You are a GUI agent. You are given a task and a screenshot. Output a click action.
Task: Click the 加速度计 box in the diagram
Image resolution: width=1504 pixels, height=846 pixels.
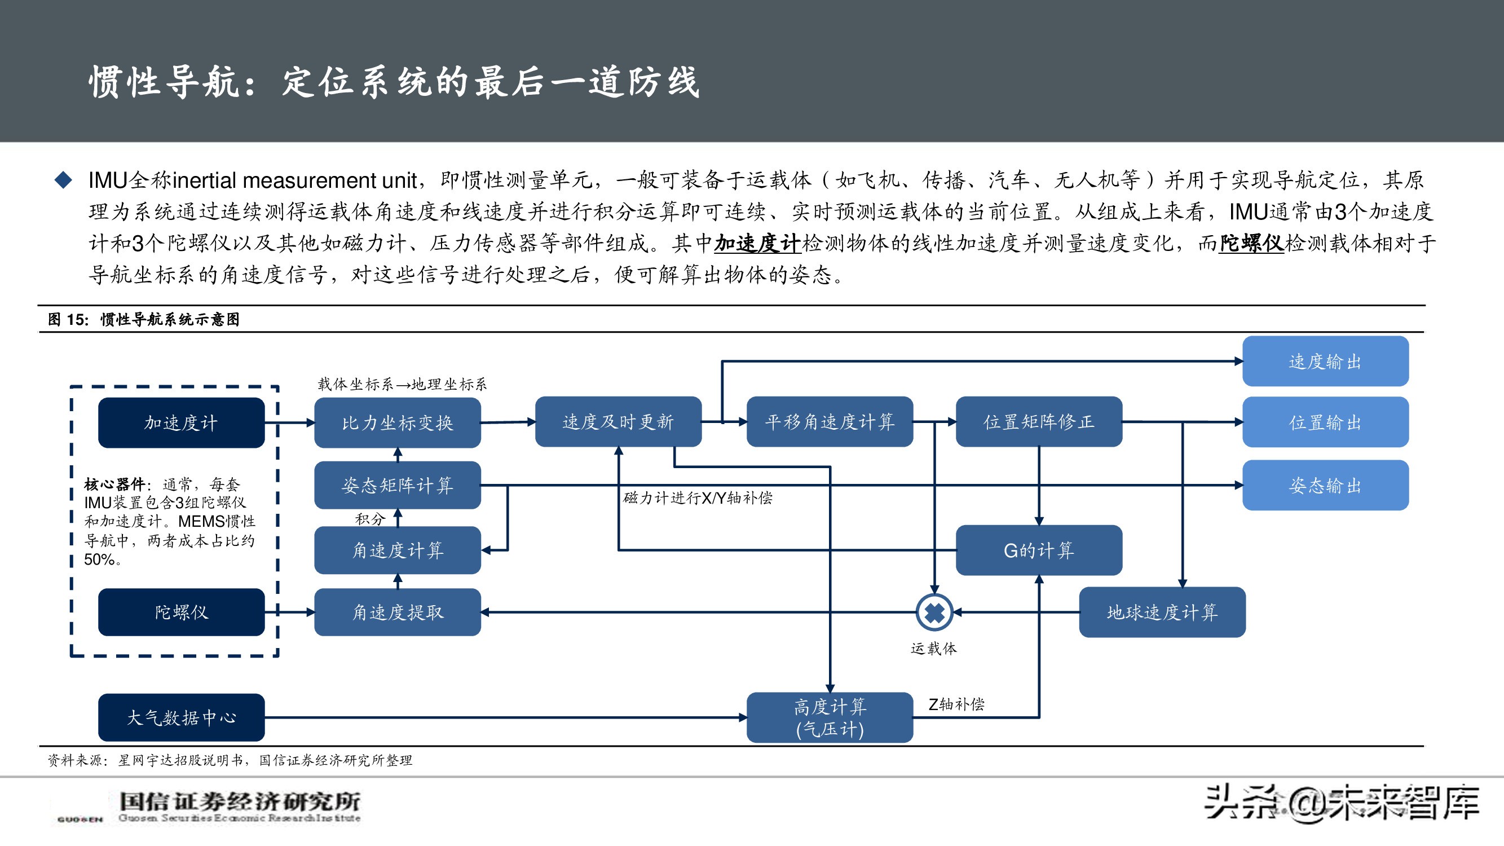[x=181, y=422]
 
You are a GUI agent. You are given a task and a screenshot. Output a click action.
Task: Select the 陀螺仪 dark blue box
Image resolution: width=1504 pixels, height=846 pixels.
[x=181, y=612]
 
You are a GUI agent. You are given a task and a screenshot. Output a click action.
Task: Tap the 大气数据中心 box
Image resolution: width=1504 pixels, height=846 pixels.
[x=181, y=717]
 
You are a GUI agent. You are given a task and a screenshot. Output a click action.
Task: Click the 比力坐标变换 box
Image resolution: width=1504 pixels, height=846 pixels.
[x=397, y=422]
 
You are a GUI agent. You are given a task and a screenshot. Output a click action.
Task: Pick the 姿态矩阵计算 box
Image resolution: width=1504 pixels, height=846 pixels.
[x=397, y=485]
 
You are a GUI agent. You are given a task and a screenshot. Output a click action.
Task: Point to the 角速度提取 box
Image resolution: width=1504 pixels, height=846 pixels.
[x=397, y=612]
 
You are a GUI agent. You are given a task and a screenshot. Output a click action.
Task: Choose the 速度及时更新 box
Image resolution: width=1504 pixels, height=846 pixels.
[x=618, y=421]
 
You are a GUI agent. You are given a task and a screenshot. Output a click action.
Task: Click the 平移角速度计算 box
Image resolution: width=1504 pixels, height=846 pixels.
[x=829, y=421]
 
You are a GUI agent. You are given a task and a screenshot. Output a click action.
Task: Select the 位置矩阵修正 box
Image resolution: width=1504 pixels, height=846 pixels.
[x=1038, y=421]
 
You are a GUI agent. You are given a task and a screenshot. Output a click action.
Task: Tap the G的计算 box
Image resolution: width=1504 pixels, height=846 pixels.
[x=1038, y=550]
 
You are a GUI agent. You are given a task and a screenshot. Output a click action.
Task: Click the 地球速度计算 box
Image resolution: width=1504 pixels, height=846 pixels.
[x=1162, y=612]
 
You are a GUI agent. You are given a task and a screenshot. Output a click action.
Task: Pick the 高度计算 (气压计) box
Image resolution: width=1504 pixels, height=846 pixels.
[x=829, y=717]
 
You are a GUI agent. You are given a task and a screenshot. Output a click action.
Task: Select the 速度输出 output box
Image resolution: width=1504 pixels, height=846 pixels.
[x=1325, y=362]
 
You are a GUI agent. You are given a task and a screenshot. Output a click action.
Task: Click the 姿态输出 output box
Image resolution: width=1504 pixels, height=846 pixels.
[x=1325, y=485]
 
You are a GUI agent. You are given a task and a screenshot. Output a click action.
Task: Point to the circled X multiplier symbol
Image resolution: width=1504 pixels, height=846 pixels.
[x=934, y=612]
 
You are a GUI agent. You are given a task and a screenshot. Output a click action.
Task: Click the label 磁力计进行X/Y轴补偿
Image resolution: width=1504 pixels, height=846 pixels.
[x=698, y=498]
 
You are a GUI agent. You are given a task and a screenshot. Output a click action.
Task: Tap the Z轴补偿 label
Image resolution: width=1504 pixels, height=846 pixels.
[x=956, y=704]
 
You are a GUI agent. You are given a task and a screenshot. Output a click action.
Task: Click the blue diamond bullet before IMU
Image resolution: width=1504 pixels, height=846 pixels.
[x=63, y=180]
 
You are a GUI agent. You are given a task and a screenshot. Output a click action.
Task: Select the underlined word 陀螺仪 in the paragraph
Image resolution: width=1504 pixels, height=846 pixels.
[x=1251, y=243]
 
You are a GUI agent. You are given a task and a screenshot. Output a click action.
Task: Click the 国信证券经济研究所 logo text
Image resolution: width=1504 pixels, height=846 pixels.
[x=239, y=801]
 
